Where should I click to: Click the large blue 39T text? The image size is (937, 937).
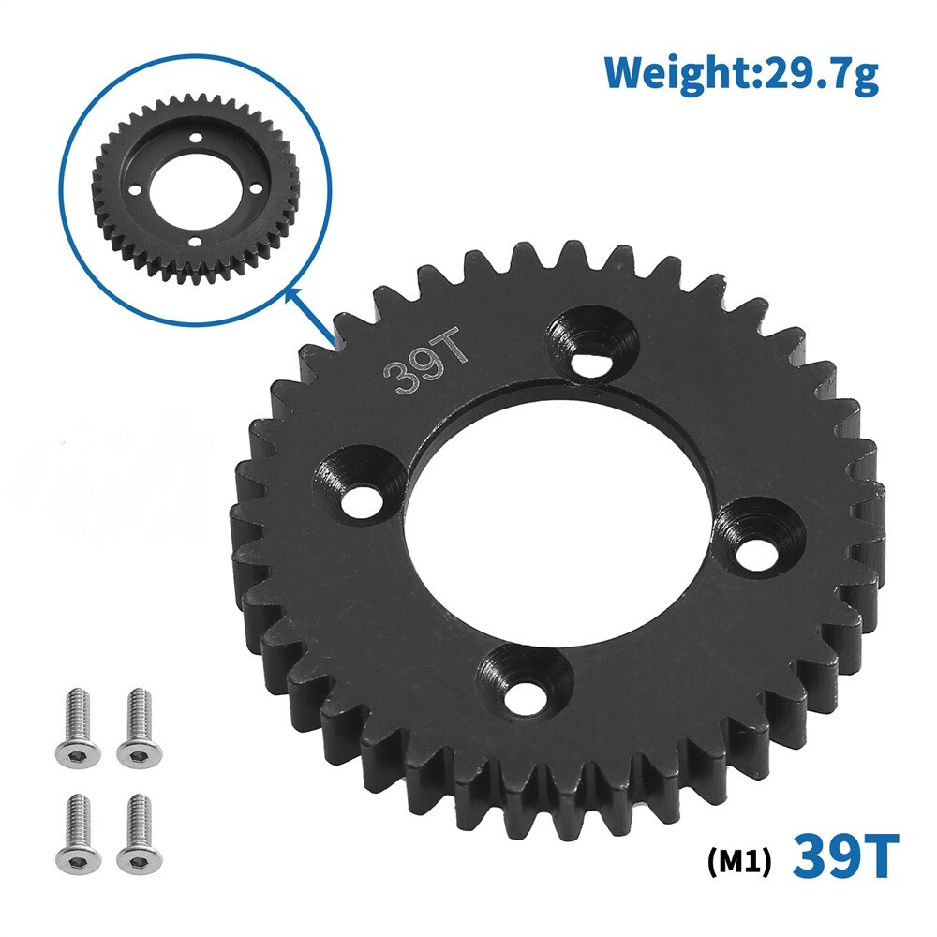[846, 854]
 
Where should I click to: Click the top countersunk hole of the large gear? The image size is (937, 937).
[590, 356]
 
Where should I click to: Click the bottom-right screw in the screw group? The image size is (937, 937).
[136, 831]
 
